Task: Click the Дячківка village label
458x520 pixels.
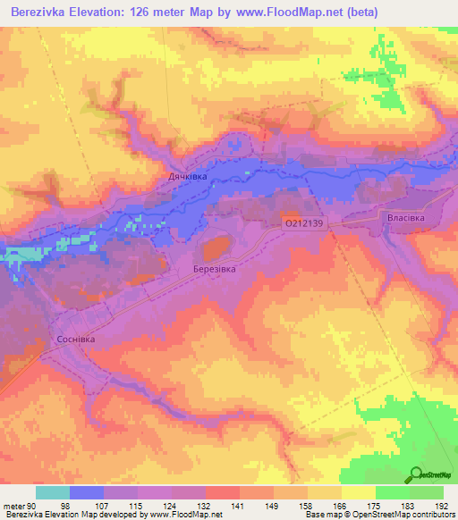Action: click(188, 178)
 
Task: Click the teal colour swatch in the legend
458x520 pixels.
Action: click(53, 492)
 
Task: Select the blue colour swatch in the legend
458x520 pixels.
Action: click(87, 492)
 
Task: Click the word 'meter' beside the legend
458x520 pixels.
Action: click(13, 505)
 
